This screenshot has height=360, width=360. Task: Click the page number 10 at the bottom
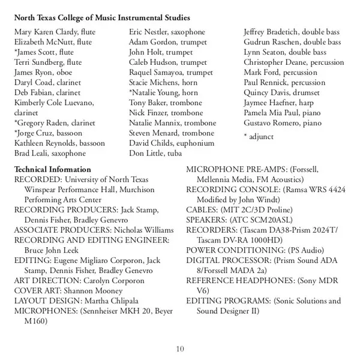tap(180, 350)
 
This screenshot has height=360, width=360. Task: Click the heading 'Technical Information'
tap(52, 169)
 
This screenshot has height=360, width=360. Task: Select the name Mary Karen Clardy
tap(39, 32)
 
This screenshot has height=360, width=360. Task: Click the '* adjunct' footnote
tap(259, 137)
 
